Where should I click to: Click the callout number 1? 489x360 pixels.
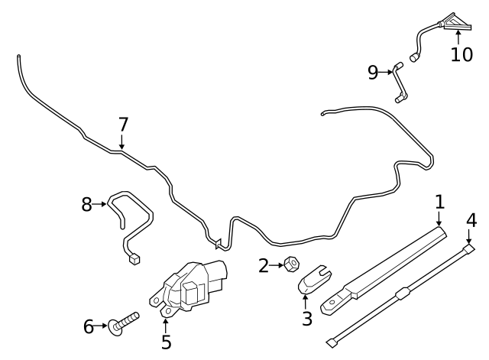click(x=440, y=203)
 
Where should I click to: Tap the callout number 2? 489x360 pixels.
click(x=264, y=266)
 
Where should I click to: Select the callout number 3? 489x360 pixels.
click(x=306, y=319)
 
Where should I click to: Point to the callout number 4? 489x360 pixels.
click(x=471, y=220)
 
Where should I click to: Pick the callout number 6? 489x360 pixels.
click(x=89, y=327)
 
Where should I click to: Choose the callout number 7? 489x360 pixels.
click(x=123, y=124)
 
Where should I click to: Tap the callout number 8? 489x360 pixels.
click(x=86, y=204)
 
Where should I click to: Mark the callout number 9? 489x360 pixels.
click(x=373, y=72)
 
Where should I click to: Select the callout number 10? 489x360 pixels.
click(x=461, y=55)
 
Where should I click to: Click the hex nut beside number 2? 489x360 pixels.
click(x=290, y=266)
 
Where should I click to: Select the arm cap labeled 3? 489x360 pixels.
click(x=312, y=280)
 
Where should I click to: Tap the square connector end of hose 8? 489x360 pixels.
click(x=134, y=259)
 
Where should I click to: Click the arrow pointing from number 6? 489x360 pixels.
click(x=103, y=327)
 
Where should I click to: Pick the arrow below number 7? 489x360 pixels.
click(x=122, y=141)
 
